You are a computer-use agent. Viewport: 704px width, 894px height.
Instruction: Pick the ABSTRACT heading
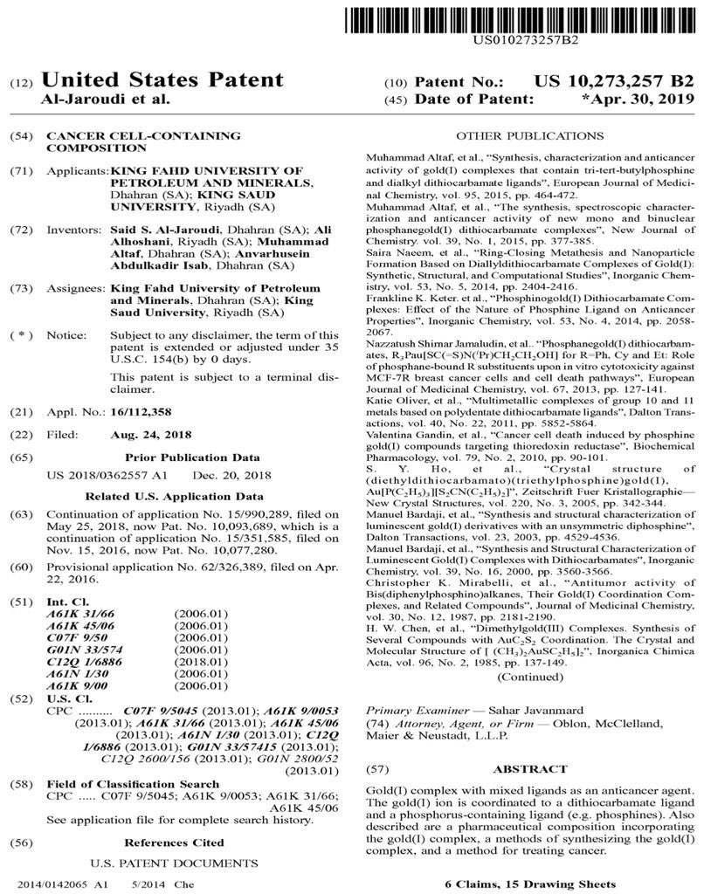coord(530,768)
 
